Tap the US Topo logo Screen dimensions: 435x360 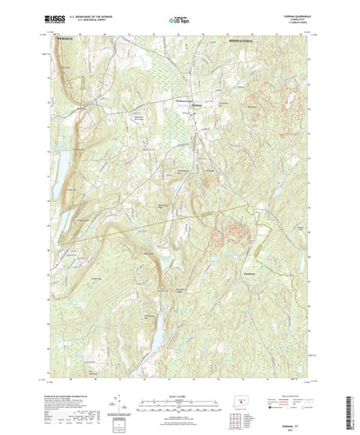point(180,18)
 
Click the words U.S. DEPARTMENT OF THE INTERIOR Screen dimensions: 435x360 point(94,14)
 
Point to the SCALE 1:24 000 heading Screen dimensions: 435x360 point(180,368)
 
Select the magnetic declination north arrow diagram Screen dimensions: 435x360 point(118,379)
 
